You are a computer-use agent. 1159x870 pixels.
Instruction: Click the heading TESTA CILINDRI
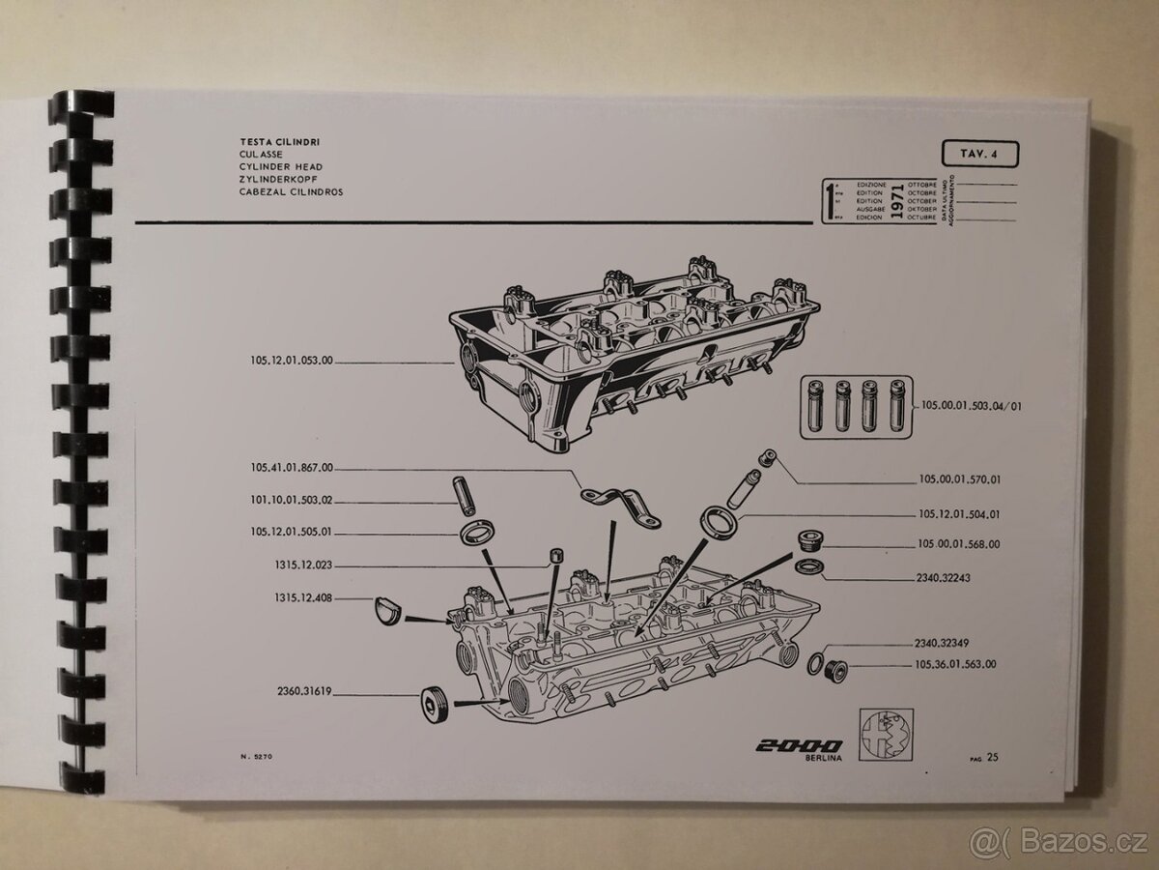pos(281,142)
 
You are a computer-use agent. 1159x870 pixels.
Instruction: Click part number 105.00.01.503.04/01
pos(972,407)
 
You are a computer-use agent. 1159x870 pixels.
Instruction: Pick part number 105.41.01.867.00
pos(290,468)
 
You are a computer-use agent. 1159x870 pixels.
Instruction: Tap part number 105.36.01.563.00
pos(955,664)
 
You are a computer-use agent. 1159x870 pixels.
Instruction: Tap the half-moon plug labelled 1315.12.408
pos(387,612)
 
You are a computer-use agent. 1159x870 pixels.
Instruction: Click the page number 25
pos(992,757)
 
